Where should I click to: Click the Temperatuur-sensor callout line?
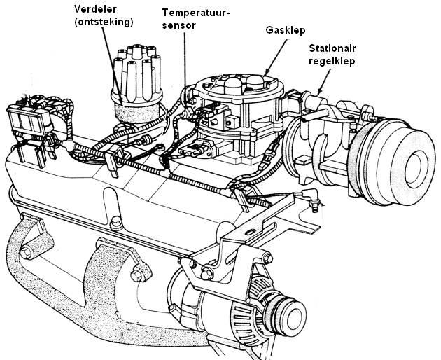pos(185,63)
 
